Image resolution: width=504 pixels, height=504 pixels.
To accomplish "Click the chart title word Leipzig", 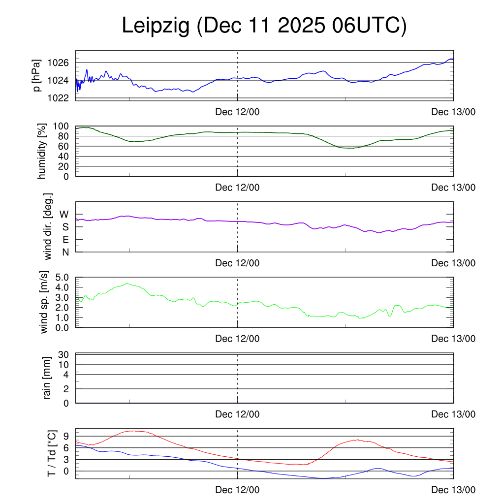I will point(156,26).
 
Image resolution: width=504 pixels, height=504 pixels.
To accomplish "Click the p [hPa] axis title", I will point(37,75).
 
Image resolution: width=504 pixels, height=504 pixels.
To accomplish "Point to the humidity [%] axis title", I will point(42,151).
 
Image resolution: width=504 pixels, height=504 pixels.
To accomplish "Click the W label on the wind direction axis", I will point(64,214).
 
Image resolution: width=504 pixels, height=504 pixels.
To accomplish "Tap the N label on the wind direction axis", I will point(65,252).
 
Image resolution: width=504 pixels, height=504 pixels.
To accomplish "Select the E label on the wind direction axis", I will point(65,240).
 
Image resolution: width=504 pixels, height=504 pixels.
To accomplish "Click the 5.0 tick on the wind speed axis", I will point(62,277).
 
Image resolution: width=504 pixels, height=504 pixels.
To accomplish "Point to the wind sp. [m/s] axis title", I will point(45,302).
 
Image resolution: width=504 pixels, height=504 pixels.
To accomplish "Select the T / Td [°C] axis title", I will point(51,454).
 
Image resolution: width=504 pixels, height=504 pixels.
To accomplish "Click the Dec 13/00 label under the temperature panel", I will point(453,490).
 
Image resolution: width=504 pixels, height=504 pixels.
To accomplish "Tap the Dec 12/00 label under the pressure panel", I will point(237,112).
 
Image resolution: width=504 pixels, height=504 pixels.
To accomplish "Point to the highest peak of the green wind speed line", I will point(127,283).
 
